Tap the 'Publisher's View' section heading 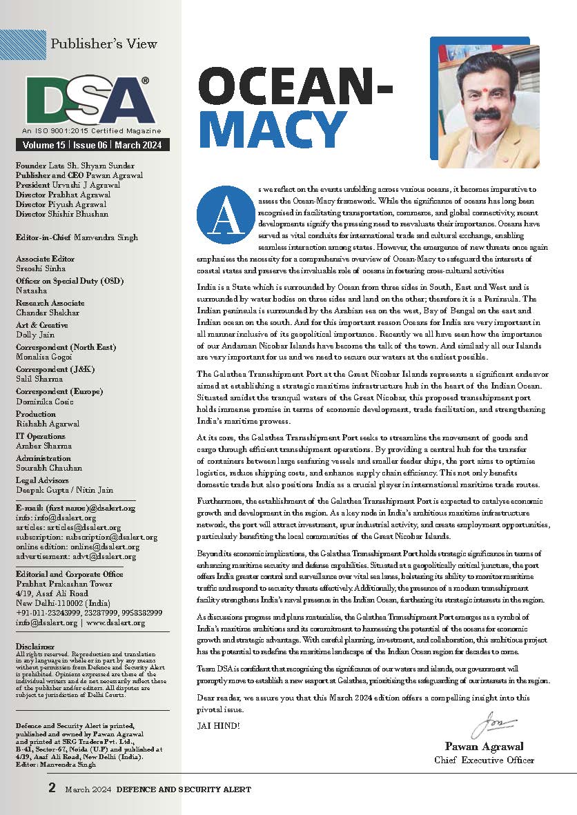pos(104,43)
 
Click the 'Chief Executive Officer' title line pos(485,760)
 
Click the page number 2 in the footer pos(52,787)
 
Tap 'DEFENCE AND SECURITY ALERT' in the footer pos(184,789)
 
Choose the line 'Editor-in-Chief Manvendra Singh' pos(77,237)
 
